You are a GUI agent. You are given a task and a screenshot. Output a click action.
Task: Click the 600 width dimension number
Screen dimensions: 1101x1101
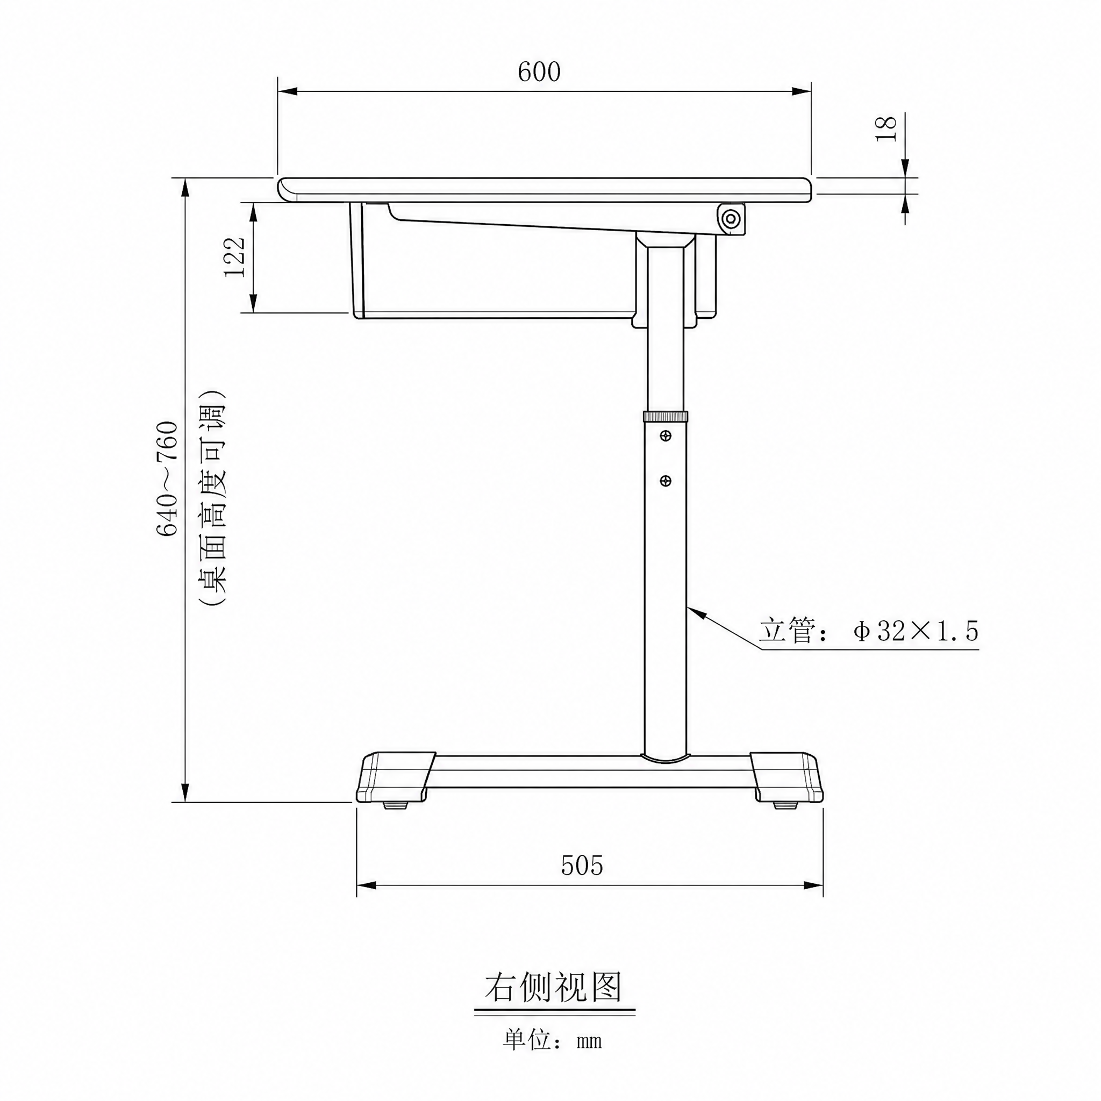(539, 72)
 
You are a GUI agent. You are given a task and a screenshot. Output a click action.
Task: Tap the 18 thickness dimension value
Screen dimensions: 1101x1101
(886, 128)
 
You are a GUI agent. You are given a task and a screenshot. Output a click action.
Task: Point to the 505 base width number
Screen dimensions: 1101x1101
(582, 865)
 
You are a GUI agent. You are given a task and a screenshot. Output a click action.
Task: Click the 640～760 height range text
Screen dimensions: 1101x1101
(168, 478)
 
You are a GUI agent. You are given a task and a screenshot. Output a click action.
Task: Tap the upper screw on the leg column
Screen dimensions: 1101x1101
(665, 436)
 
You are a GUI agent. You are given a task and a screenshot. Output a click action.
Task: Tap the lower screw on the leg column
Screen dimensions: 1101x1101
(665, 481)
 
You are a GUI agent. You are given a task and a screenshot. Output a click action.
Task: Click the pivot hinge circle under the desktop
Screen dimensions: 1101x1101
(731, 218)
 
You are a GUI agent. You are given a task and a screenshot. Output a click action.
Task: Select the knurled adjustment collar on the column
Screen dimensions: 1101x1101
(666, 416)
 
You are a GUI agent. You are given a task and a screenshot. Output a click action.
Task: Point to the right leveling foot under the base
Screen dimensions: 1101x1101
(785, 806)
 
